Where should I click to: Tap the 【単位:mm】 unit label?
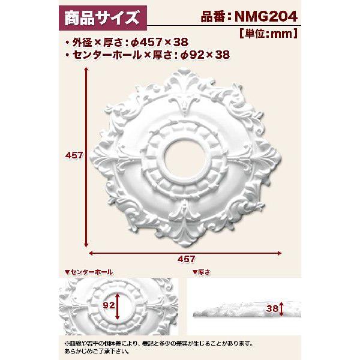pos(269,34)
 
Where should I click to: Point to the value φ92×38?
pos(205,55)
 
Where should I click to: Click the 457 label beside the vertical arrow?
pos(73,155)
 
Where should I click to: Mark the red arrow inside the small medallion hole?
pos(119,306)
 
